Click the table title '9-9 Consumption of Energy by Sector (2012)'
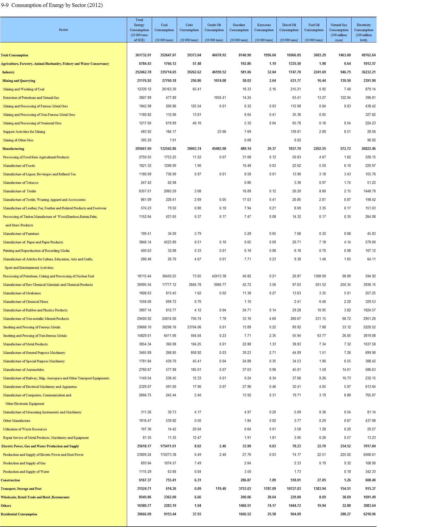(x=52, y=5)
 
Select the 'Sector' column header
(x=63, y=30)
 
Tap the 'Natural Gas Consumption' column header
(x=339, y=30)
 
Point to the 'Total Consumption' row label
(x=15, y=55)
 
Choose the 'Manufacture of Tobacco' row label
(x=21, y=183)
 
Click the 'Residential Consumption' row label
(x=19, y=514)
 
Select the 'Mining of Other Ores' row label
(x=18, y=140)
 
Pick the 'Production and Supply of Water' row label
(x=26, y=472)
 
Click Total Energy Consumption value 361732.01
(x=143, y=55)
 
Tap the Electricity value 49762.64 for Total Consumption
(x=369, y=55)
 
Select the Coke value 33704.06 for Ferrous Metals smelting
(x=194, y=327)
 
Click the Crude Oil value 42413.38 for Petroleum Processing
(x=219, y=276)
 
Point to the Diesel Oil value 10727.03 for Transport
(x=294, y=489)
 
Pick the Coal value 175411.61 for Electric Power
(x=168, y=446)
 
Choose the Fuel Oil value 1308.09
(x=320, y=276)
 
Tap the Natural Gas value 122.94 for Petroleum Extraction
(x=345, y=98)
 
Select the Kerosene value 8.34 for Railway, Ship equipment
(x=273, y=378)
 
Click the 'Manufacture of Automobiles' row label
(x=24, y=370)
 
